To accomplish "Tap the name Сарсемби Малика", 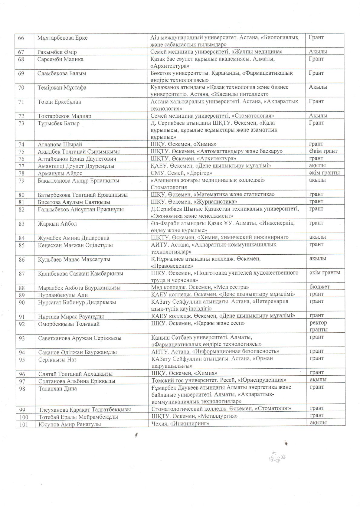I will pyautogui.click(x=61, y=59).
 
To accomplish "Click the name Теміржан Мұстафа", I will pyautogui.click(x=62, y=88).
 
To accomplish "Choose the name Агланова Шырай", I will pyautogui.click(x=60, y=145).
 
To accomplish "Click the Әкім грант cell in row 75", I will pyautogui.click(x=323, y=151).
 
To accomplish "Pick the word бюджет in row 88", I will pyautogui.click(x=319, y=287).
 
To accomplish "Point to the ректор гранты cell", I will pyautogui.click(x=318, y=326).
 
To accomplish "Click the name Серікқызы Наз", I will pyautogui.click(x=57, y=360).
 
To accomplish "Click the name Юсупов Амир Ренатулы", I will pyautogui.click(x=70, y=424).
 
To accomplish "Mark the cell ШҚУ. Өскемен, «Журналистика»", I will pyautogui.click(x=194, y=202).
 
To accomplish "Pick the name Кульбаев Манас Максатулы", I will pyautogui.click(x=74, y=259).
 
